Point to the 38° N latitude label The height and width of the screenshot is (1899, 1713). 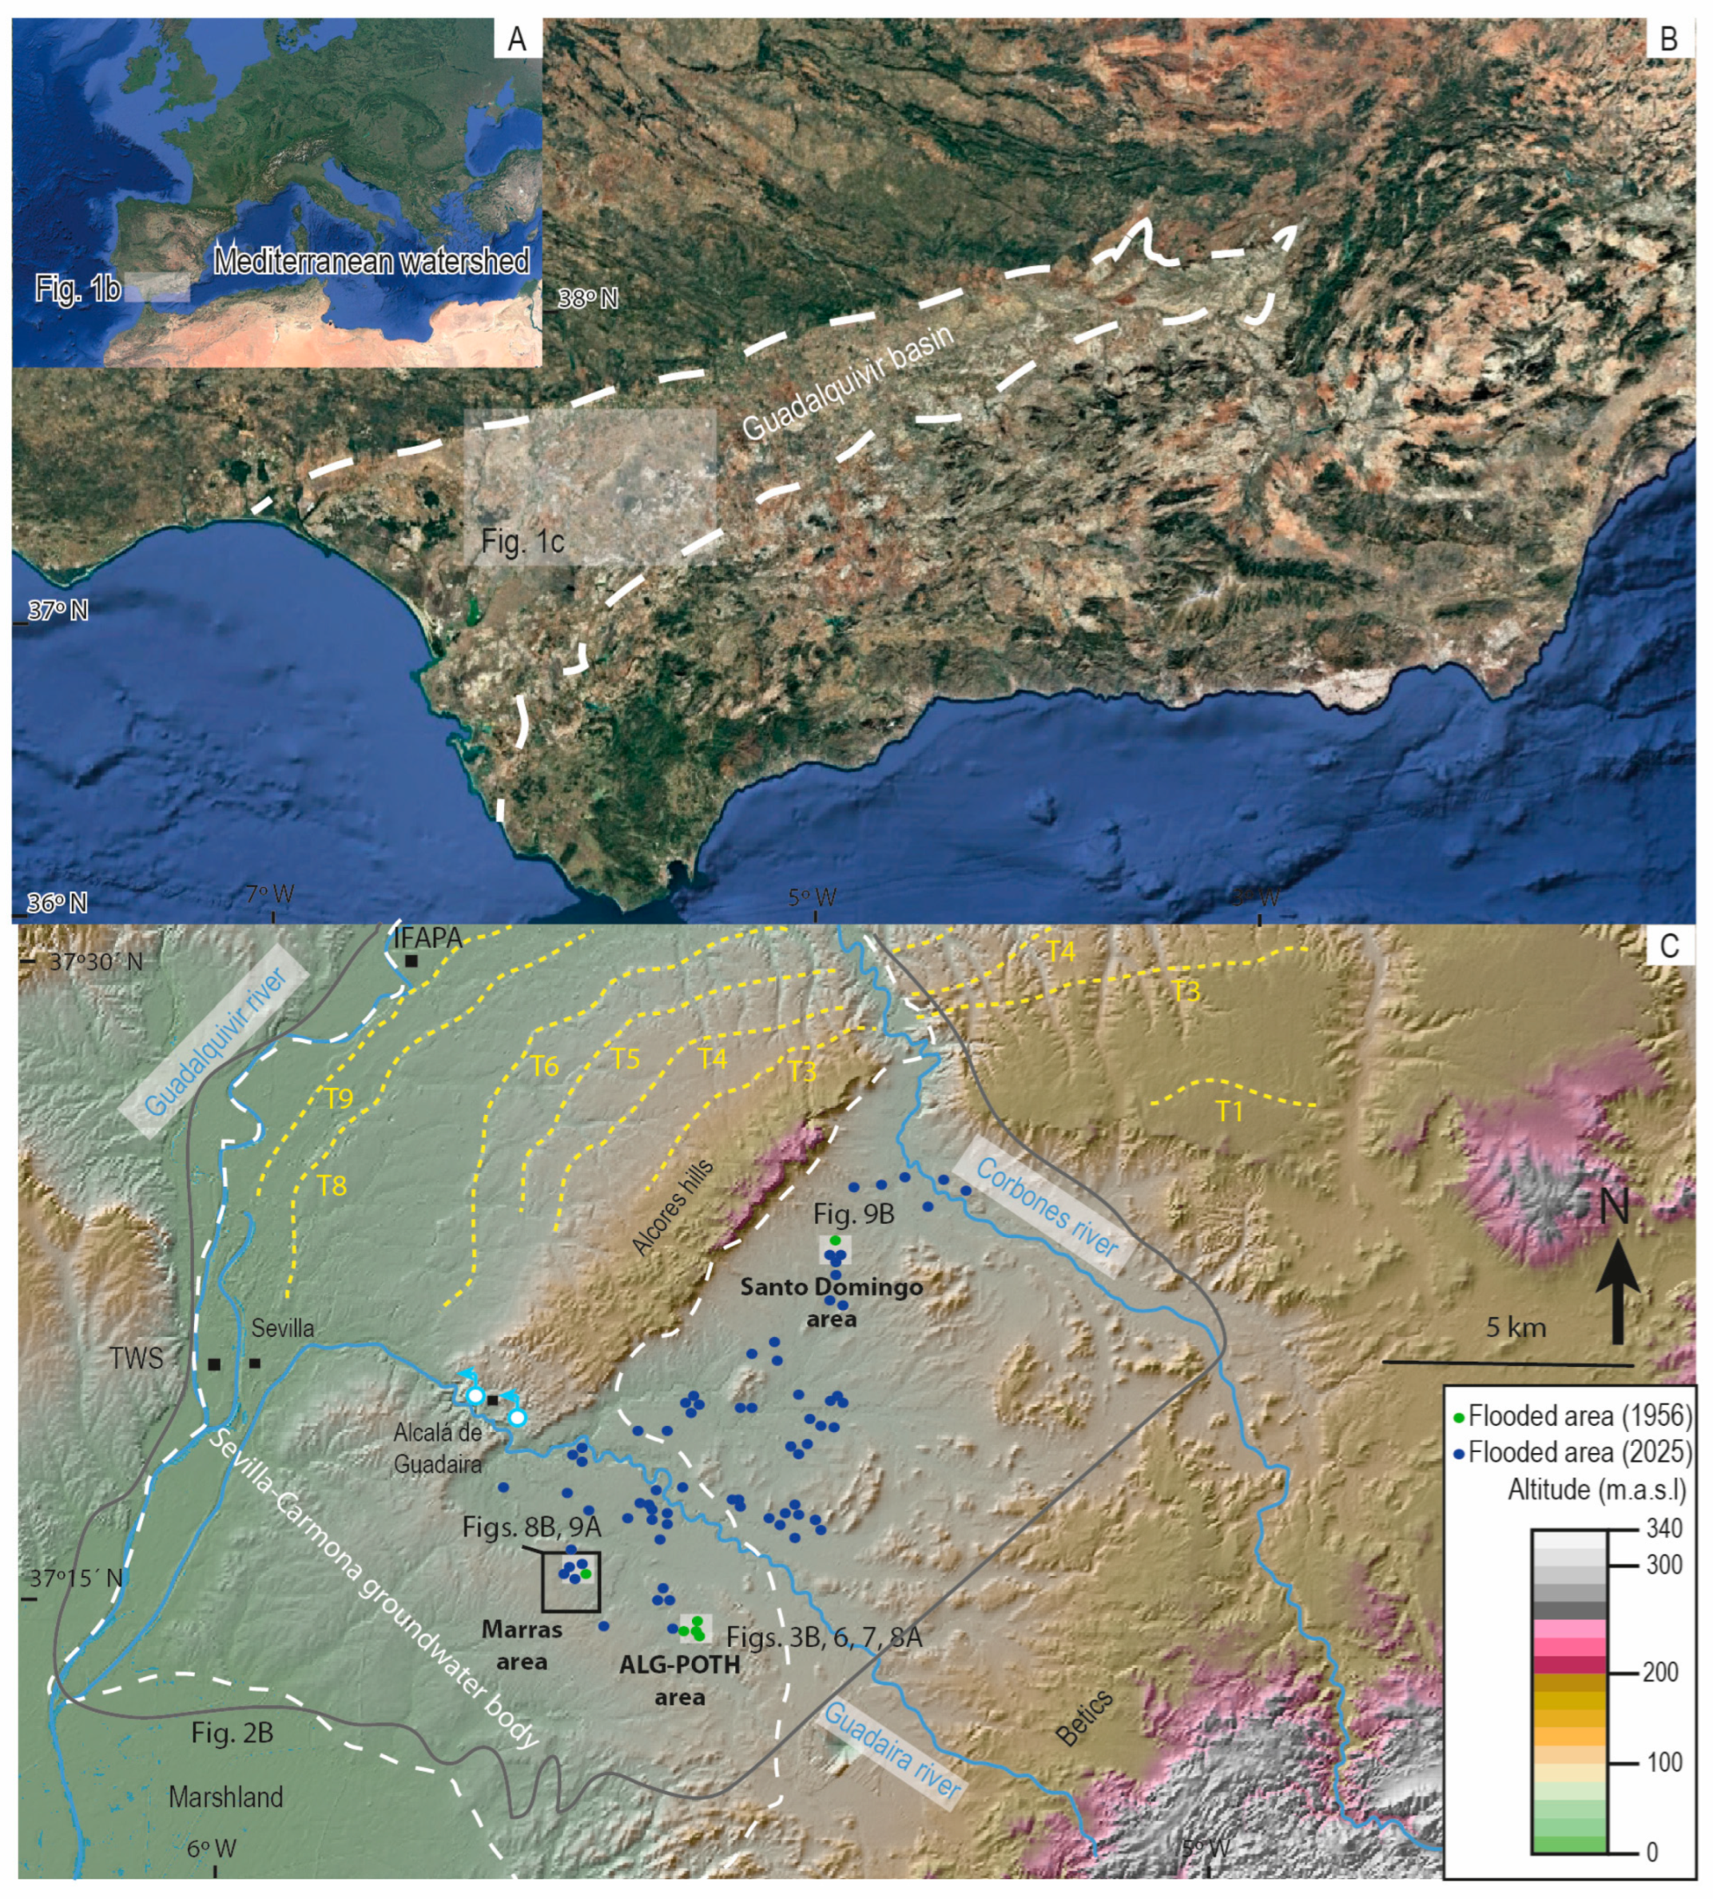coord(587,300)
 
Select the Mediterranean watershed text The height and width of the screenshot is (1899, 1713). coord(372,261)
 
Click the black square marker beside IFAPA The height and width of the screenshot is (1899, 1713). coord(411,961)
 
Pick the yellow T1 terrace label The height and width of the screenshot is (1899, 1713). coord(1228,1112)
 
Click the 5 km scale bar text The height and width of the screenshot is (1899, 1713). coord(1516,1328)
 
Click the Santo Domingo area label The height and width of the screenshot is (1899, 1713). coord(831,1302)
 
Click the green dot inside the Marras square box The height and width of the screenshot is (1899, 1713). coord(586,1573)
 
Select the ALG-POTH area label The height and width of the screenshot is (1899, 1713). coord(680,1681)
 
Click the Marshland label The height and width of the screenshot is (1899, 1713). coord(226,1797)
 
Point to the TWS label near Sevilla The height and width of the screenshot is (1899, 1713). coord(136,1358)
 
